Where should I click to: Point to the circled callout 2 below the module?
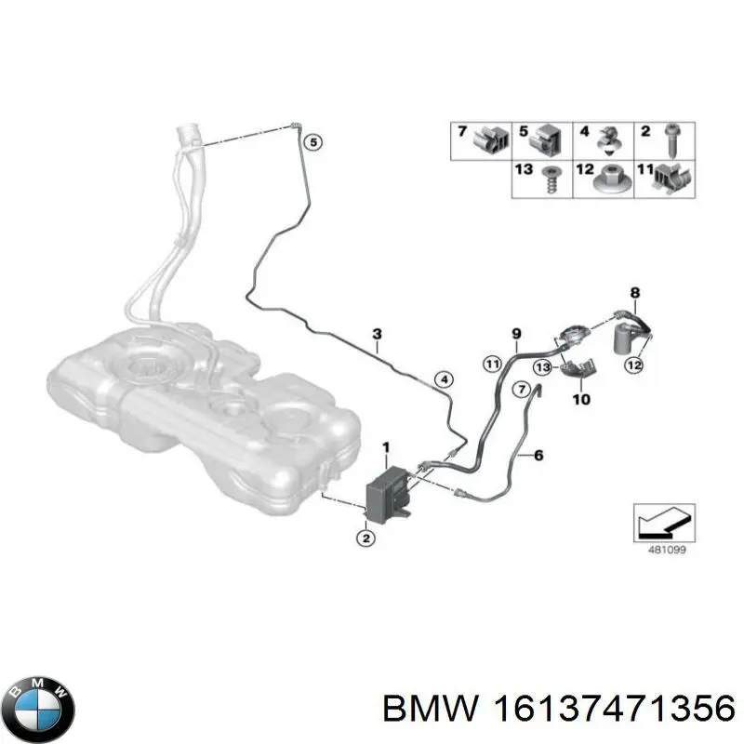[x=365, y=538]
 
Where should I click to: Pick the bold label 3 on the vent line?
[x=377, y=334]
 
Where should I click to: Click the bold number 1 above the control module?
[x=386, y=448]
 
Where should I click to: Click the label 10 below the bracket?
[x=581, y=401]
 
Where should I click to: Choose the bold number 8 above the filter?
[x=635, y=295]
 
